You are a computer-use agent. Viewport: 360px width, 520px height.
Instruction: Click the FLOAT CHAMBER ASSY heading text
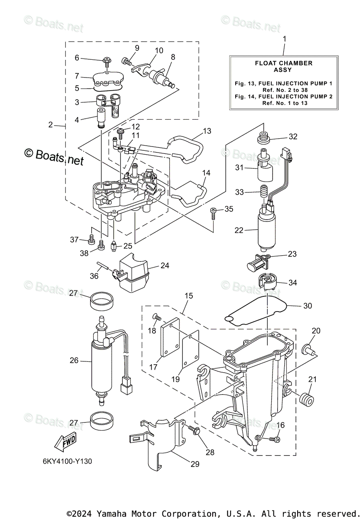tap(284, 66)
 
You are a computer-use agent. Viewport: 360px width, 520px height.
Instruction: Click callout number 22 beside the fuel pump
tap(239, 231)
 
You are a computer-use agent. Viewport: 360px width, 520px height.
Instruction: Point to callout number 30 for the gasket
tap(307, 305)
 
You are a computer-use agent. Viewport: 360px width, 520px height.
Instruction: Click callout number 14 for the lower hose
tap(206, 173)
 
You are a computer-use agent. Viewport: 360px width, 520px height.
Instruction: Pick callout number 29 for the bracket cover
tap(195, 464)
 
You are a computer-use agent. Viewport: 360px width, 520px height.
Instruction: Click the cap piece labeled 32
tap(263, 138)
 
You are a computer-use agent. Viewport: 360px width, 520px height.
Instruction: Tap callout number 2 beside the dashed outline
tap(51, 125)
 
